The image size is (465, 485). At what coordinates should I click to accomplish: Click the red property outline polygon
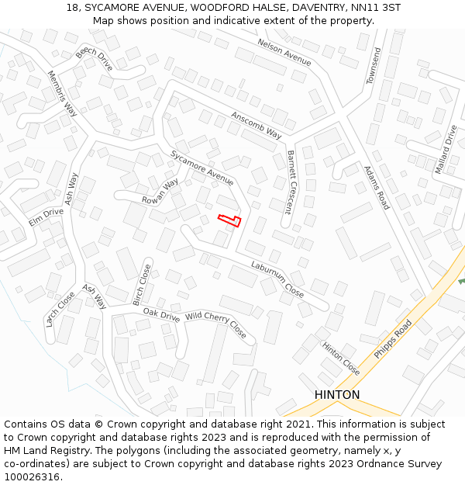pos(229,220)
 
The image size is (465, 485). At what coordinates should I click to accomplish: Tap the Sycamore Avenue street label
pos(201,168)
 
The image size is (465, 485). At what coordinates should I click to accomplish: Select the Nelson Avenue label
pos(284,53)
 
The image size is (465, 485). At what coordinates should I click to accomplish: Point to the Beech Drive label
pos(94,57)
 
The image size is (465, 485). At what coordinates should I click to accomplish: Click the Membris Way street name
pos(62,94)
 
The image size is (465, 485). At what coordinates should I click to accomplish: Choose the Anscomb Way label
pos(256,124)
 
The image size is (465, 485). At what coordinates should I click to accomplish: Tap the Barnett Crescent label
pos(289,182)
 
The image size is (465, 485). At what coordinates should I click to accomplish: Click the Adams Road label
pos(377,187)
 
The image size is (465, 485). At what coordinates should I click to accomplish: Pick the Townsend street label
pos(374,66)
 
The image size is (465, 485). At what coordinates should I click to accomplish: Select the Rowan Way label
pos(160,191)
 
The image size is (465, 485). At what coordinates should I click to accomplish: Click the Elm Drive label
pos(46,217)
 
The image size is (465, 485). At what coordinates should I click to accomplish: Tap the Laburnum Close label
pos(277,279)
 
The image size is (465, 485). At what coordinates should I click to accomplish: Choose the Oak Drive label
pos(161,314)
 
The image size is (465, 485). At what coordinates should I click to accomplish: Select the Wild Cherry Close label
pos(215,324)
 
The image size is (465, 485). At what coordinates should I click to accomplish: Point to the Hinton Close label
pos(340,358)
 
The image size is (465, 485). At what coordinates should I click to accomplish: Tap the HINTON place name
pos(337,395)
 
